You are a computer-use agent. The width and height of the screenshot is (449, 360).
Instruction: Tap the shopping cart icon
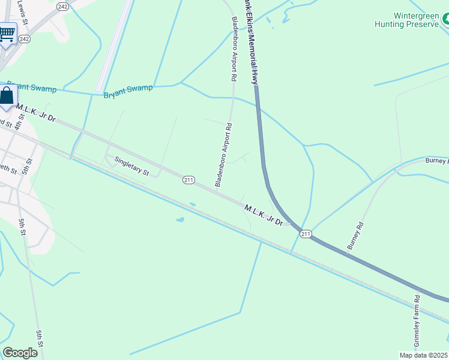7,34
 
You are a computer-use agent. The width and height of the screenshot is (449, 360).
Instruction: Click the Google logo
20,353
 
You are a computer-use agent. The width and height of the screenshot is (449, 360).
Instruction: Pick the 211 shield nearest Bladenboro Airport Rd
188,179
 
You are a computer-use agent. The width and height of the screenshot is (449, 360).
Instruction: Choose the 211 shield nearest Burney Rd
306,233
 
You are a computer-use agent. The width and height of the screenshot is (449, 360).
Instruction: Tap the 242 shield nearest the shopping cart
24,38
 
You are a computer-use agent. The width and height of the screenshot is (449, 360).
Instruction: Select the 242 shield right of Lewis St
62,6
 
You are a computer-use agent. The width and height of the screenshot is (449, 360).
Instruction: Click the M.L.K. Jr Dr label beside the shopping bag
36,112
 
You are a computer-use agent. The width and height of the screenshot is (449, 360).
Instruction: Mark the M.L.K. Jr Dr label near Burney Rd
263,214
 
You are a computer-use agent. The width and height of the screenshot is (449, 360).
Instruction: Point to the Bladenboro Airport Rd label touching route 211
222,155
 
